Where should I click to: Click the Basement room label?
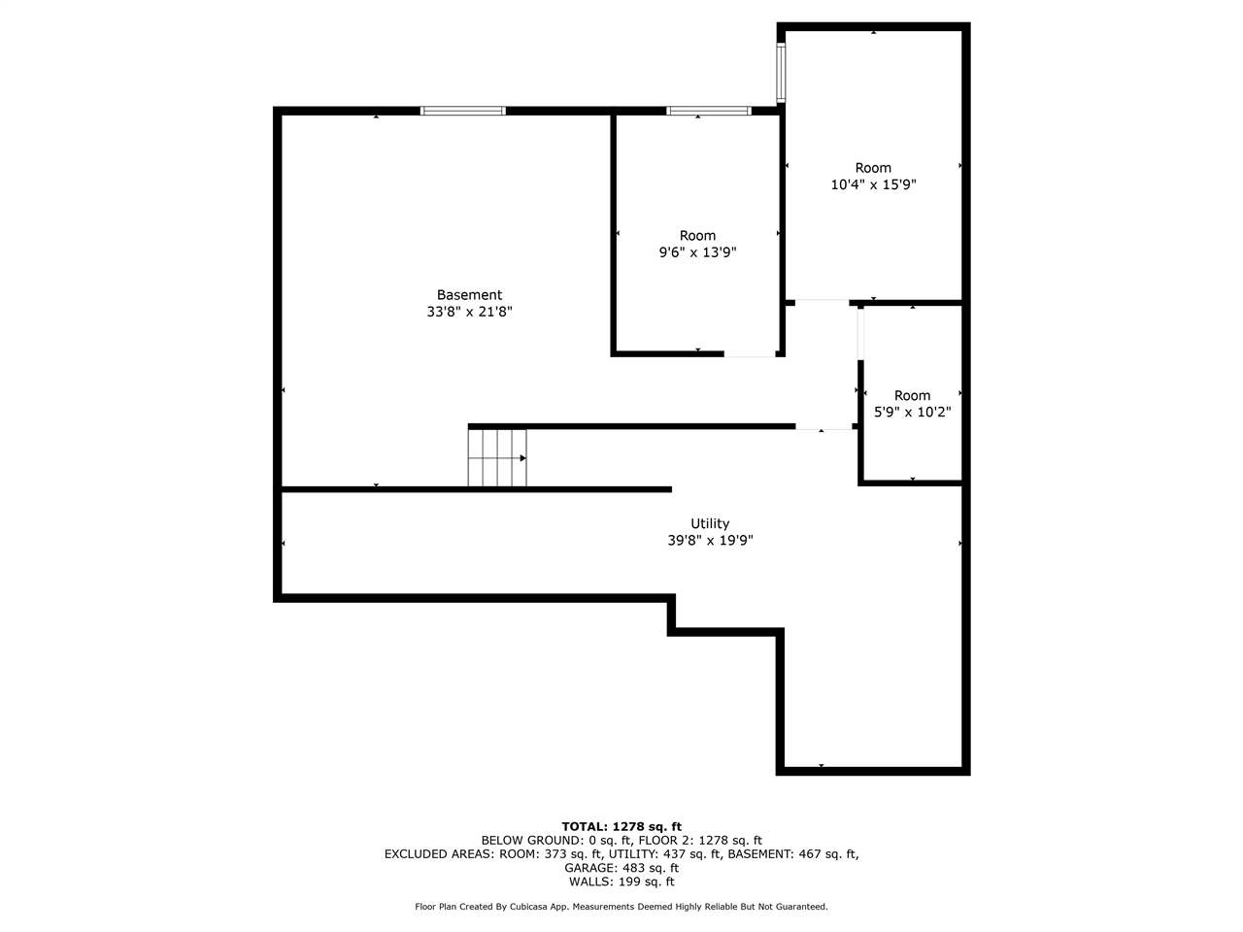coord(469,295)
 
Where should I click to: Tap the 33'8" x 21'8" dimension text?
coord(469,312)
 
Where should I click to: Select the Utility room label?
coord(710,523)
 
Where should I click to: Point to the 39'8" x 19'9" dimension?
coord(710,541)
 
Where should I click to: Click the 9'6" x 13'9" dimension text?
coord(697,252)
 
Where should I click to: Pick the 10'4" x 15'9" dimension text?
coord(873,184)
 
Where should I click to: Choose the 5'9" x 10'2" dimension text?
coord(912,412)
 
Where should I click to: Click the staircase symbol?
coord(497,457)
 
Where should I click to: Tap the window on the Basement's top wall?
coord(463,111)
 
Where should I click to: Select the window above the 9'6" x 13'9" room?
coord(709,111)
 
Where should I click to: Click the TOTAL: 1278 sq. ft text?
coord(621,827)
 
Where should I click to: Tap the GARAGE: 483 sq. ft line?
coord(621,868)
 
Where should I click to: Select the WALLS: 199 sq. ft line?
coord(621,882)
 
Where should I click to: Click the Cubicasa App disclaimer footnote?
coord(621,907)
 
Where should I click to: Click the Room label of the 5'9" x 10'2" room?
coord(912,395)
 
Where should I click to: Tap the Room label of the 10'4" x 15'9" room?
coord(873,168)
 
